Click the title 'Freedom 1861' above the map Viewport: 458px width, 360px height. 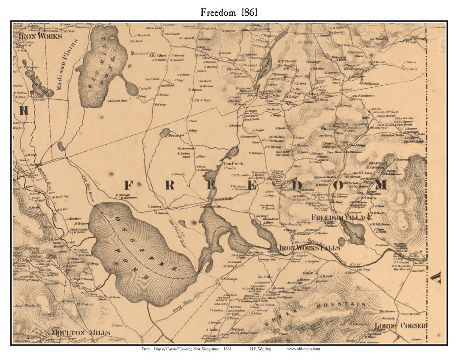point(229,12)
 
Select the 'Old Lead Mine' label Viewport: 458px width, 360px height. point(117,101)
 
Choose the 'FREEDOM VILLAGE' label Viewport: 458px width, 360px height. point(341,217)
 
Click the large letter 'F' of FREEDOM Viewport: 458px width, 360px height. point(128,186)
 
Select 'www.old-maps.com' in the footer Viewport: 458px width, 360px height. point(303,349)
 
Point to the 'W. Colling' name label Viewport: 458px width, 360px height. point(61,196)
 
